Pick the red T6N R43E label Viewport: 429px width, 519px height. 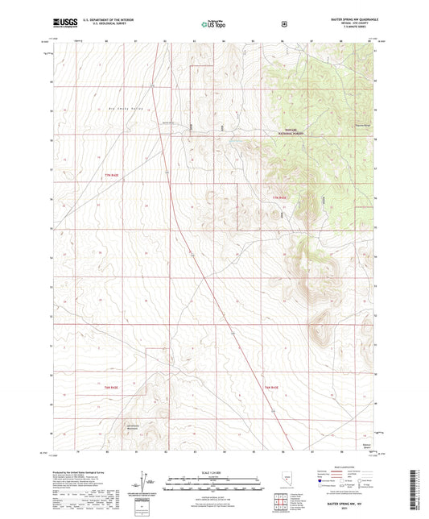pyautogui.click(x=271, y=388)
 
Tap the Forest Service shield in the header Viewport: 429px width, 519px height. pyautogui.click(x=283, y=23)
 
